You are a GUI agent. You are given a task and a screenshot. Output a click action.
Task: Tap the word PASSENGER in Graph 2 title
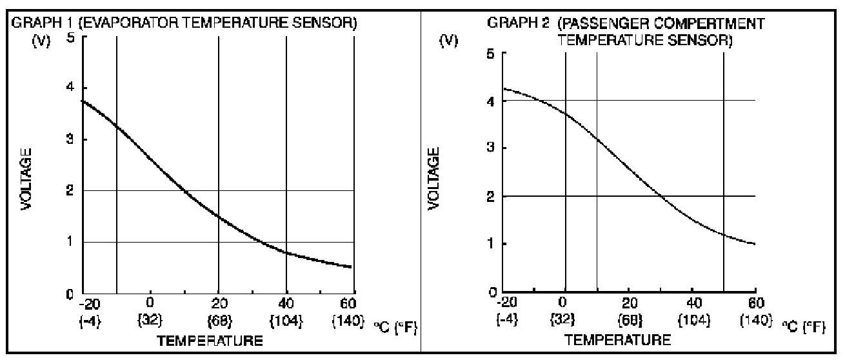tap(595, 23)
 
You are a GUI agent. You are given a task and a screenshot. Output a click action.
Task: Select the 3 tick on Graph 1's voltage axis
tap(71, 139)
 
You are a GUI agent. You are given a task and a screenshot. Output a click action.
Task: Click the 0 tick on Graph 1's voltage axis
tap(71, 294)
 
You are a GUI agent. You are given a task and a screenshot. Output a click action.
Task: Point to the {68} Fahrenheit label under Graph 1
tap(219, 319)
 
